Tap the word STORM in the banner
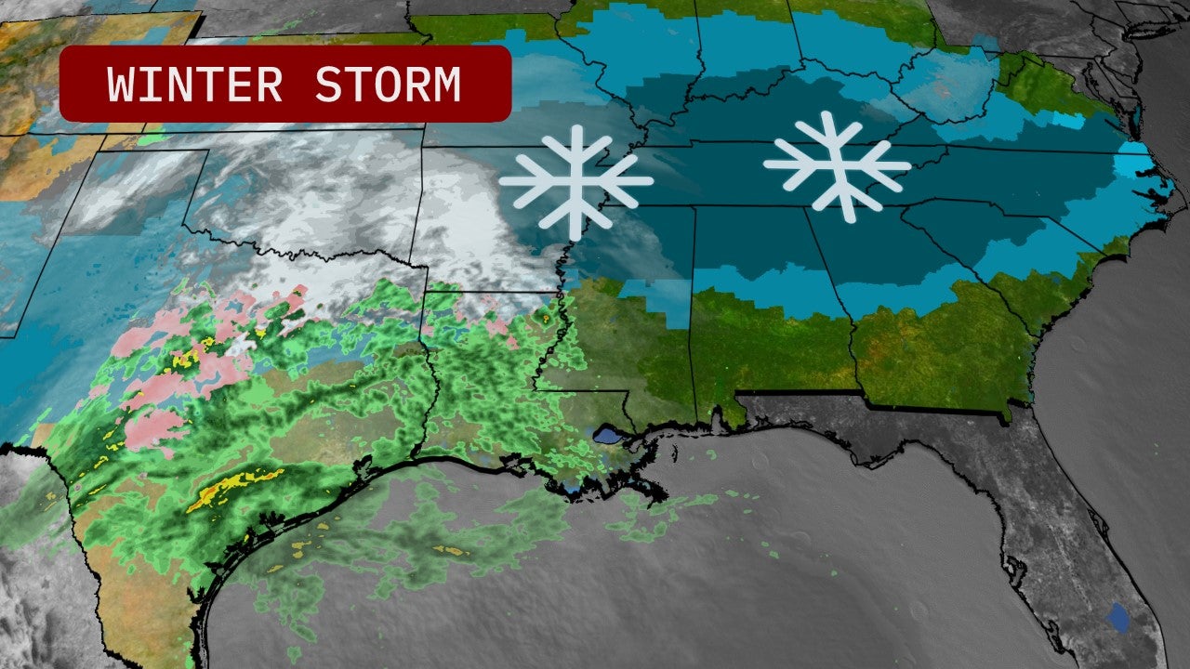(x=388, y=85)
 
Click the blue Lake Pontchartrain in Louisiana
(x=607, y=435)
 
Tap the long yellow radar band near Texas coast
(x=232, y=488)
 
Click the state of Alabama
(x=758, y=307)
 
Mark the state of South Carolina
(x=985, y=242)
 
